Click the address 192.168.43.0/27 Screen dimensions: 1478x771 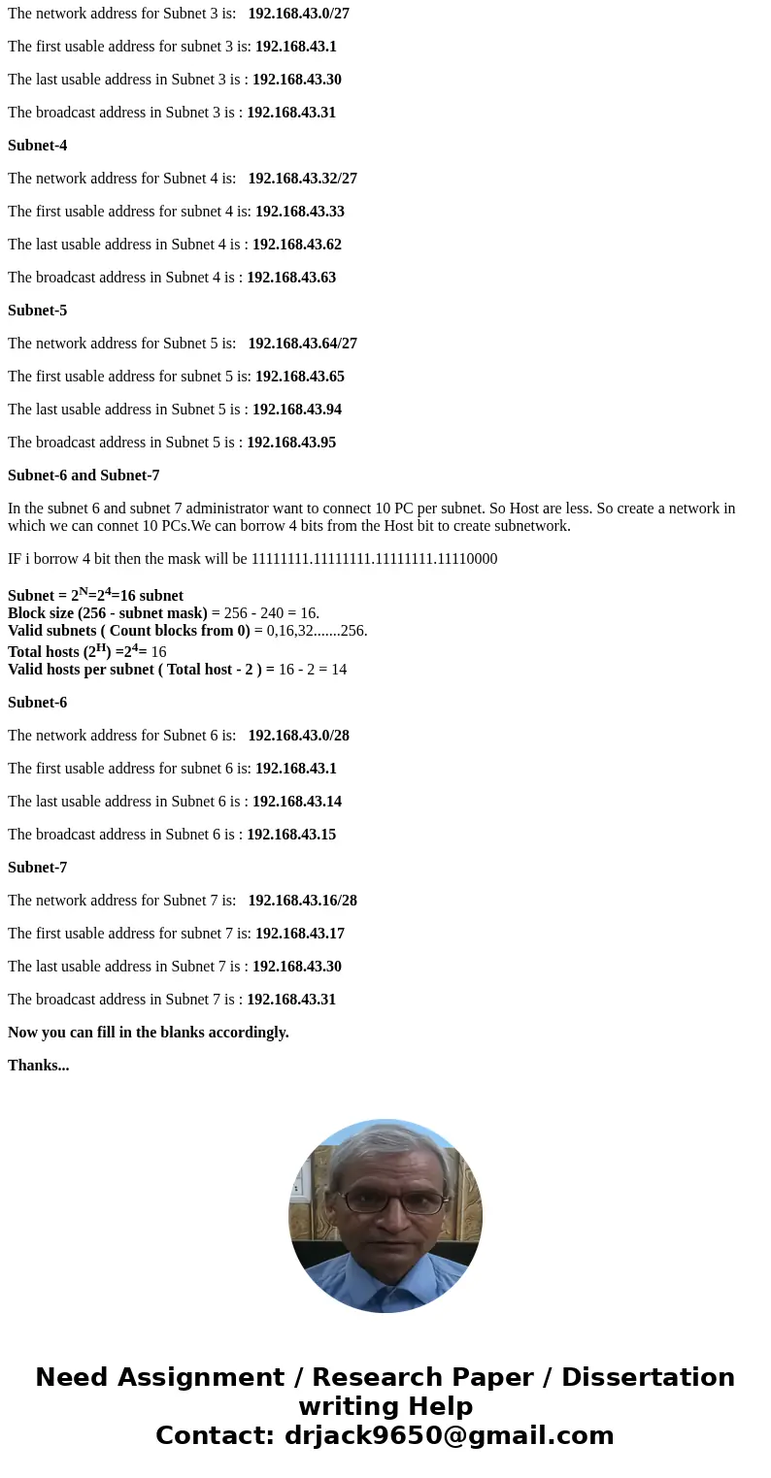point(298,14)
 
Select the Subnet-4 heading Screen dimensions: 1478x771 point(37,146)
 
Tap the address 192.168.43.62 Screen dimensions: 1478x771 point(296,245)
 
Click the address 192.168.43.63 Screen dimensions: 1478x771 point(291,278)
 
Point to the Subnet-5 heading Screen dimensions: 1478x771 point(37,311)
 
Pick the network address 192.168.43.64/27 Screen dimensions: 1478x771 point(302,344)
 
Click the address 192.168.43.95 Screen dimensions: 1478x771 point(291,443)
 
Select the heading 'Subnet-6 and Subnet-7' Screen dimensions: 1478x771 point(84,476)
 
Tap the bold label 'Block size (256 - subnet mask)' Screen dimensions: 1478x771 point(107,613)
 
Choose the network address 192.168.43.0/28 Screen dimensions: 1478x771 point(298,736)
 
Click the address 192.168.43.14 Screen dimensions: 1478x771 point(296,802)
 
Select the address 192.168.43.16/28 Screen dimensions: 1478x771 point(302,901)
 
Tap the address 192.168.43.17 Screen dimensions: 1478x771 point(299,934)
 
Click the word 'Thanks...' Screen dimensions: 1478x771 point(38,1066)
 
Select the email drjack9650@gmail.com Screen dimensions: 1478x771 point(449,1436)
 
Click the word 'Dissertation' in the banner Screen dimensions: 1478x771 point(648,1378)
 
